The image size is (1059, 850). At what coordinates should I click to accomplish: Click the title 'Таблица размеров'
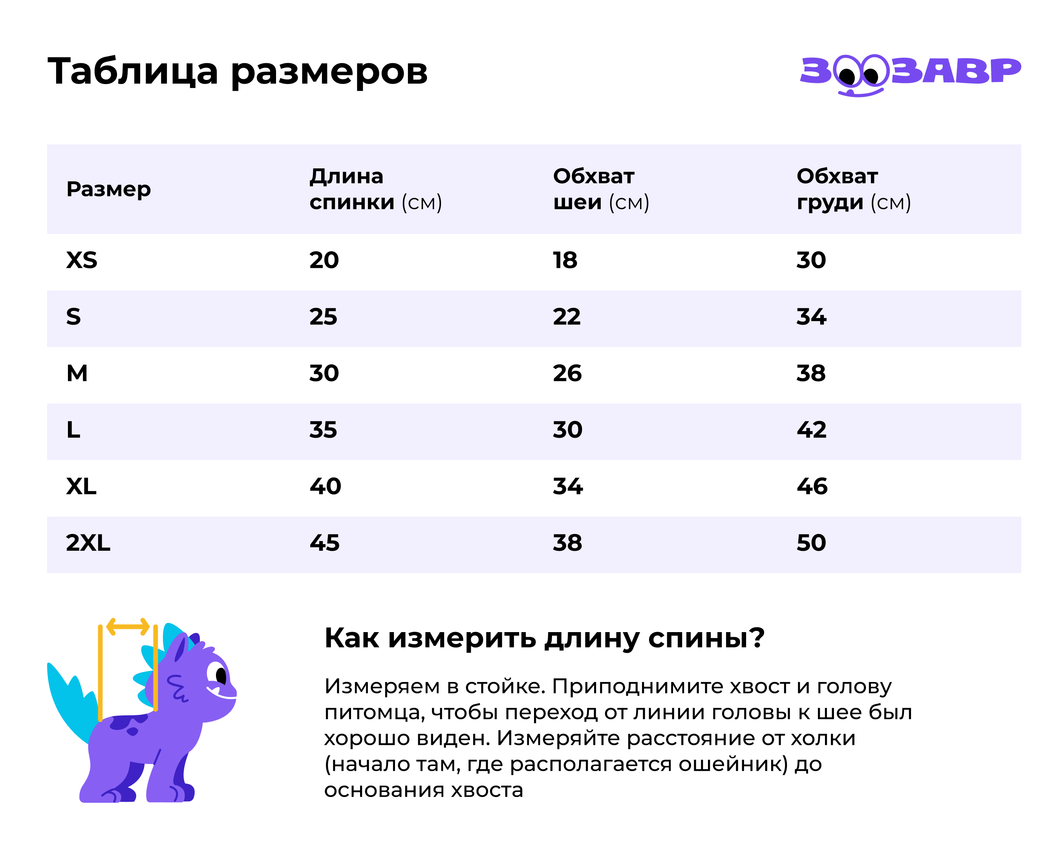(x=238, y=72)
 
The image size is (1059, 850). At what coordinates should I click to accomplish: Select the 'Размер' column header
(x=108, y=189)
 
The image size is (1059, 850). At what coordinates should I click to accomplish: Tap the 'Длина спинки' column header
(x=375, y=189)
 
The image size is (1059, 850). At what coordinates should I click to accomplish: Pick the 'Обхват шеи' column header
(x=601, y=189)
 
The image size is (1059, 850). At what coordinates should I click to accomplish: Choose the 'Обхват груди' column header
(x=853, y=189)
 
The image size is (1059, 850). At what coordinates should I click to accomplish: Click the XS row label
(x=82, y=260)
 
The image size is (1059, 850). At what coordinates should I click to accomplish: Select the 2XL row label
(x=88, y=543)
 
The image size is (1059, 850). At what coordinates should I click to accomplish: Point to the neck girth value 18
(x=565, y=260)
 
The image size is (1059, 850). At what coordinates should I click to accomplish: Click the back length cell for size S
(x=323, y=317)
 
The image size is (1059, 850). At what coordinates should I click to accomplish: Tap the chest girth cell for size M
(x=811, y=373)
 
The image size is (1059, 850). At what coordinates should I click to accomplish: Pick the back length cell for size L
(x=323, y=430)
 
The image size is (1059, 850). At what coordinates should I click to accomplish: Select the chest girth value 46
(x=812, y=486)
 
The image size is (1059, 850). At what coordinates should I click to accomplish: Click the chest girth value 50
(x=811, y=543)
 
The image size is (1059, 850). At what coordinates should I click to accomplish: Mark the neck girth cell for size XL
(x=568, y=486)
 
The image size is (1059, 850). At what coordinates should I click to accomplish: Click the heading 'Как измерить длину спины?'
(x=544, y=638)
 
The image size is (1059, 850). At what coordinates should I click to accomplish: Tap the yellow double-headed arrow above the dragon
(x=128, y=627)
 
